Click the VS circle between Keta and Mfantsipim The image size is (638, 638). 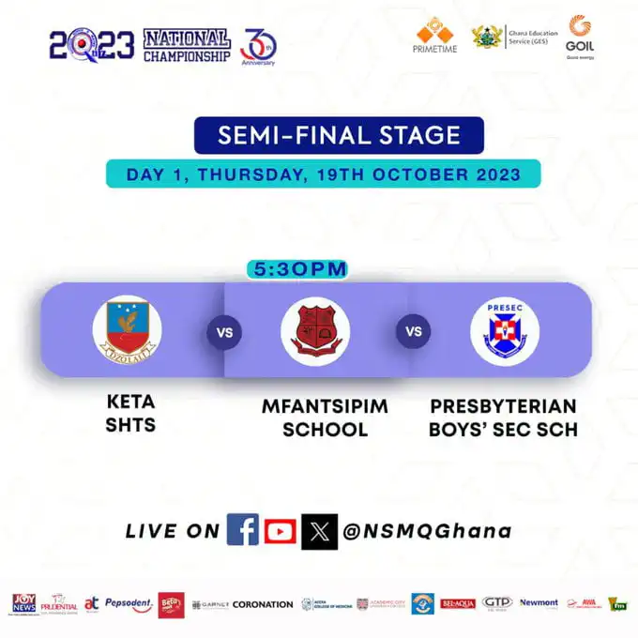click(x=224, y=331)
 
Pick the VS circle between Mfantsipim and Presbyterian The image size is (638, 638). click(x=413, y=331)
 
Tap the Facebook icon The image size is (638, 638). click(x=243, y=531)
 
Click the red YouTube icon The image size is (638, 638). click(x=280, y=531)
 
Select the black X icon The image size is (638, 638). click(x=319, y=531)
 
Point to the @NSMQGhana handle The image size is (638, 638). click(x=427, y=531)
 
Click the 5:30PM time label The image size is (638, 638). click(x=297, y=269)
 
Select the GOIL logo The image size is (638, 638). click(x=580, y=36)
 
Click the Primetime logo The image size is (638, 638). click(x=434, y=36)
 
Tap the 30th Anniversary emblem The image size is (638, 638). click(x=258, y=43)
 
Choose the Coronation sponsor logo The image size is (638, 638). click(x=263, y=605)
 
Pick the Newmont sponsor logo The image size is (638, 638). click(x=539, y=603)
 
